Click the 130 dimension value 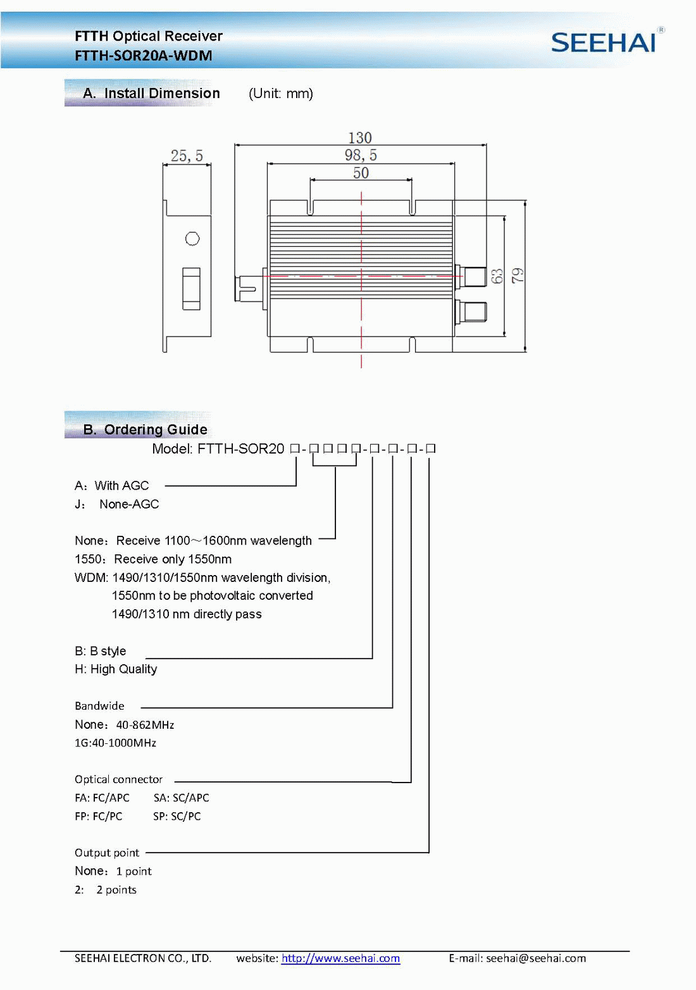[x=360, y=138]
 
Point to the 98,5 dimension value [x=361, y=155]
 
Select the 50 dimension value [x=361, y=173]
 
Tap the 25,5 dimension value [x=187, y=156]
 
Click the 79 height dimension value [x=518, y=276]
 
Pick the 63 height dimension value [x=497, y=276]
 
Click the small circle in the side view [x=192, y=238]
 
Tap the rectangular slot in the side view [x=191, y=288]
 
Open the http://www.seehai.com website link [x=340, y=958]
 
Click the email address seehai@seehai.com [x=535, y=958]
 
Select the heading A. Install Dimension [x=151, y=93]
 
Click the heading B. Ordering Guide [x=145, y=430]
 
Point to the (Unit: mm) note [x=281, y=94]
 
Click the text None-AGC [x=129, y=504]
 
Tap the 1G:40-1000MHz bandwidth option [x=115, y=743]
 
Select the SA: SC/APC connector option [x=181, y=798]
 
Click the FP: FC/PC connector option [x=99, y=816]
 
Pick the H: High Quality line [x=116, y=669]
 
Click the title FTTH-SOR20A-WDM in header [x=144, y=56]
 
